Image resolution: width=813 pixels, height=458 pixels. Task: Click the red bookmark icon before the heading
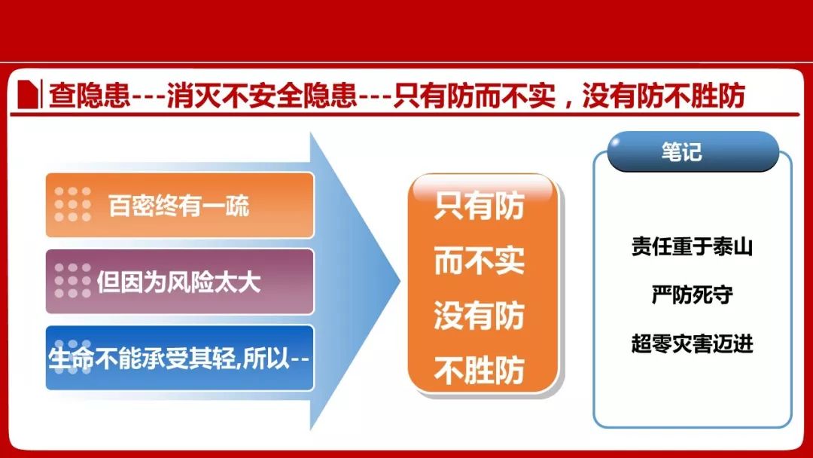(x=28, y=94)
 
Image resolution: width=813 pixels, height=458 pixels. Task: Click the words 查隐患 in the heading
(x=89, y=96)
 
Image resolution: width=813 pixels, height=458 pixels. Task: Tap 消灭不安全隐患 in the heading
(x=262, y=96)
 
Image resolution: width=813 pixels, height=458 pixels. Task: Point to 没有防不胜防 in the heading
(x=664, y=96)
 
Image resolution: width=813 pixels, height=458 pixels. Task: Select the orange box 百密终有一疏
(x=180, y=206)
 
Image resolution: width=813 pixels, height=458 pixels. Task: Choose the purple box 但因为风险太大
(x=180, y=282)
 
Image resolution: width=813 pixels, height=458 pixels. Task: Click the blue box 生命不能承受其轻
(x=180, y=358)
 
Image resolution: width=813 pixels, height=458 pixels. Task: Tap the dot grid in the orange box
(x=72, y=204)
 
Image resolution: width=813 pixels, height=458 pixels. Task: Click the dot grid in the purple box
(x=72, y=281)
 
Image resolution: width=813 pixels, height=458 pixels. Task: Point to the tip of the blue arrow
(x=400, y=282)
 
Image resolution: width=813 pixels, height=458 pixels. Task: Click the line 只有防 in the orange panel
(x=480, y=206)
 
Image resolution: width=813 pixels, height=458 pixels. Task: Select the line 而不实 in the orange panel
(x=480, y=261)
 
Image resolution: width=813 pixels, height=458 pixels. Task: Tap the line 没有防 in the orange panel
(x=480, y=316)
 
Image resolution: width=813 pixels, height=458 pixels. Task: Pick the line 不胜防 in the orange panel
(x=480, y=371)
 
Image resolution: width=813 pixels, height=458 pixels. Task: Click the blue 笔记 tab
(x=693, y=151)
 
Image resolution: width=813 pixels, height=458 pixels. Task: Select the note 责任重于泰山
(x=693, y=246)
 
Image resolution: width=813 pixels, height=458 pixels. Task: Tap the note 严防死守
(x=693, y=295)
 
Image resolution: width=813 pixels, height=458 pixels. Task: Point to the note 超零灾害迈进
(x=693, y=343)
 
